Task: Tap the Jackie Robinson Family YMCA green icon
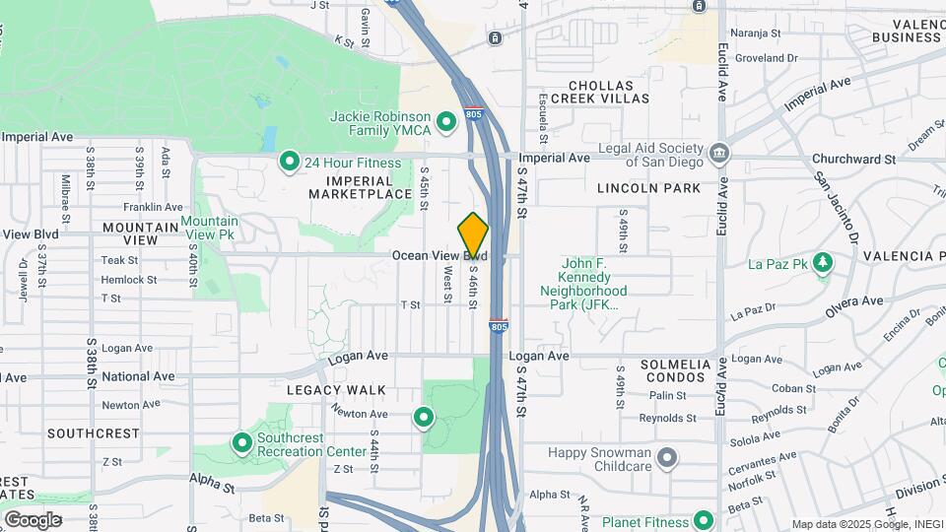coord(445,122)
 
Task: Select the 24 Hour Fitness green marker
coord(290,161)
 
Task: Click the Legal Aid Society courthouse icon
coord(720,153)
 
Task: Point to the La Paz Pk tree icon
coord(823,263)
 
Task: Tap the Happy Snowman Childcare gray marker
coord(668,457)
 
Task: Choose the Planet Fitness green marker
coord(704,520)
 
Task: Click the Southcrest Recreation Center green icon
coord(242,443)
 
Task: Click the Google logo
coord(33,519)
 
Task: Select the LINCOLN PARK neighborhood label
coord(648,188)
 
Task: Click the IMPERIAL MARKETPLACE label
coord(360,186)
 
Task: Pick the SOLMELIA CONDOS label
coord(675,371)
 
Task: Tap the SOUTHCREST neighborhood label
coord(94,433)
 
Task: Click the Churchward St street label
coord(852,159)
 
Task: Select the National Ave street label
coord(138,376)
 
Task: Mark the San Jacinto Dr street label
coord(834,207)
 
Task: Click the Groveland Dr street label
coord(766,58)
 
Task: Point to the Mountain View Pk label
coord(209,228)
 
